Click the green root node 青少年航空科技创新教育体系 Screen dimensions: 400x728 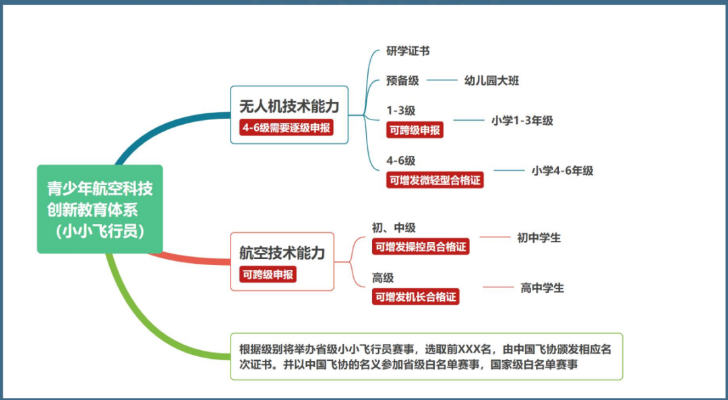(100, 209)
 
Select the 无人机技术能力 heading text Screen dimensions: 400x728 (289, 107)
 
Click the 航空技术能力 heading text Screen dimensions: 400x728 (282, 253)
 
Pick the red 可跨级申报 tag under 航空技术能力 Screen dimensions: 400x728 (268, 275)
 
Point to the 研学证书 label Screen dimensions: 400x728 (408, 51)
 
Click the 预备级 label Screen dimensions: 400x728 (402, 81)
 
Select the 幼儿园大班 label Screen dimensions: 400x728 (491, 81)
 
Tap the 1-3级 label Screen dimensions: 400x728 (400, 111)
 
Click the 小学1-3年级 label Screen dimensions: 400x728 (522, 121)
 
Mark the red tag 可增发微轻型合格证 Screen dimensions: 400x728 (435, 180)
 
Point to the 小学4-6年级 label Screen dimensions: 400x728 (562, 171)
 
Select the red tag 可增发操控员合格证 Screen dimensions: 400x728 (421, 247)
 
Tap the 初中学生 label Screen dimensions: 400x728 (539, 237)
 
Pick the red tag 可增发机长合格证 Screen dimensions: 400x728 (415, 297)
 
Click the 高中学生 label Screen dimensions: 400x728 (542, 288)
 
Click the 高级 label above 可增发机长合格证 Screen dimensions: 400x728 (383, 278)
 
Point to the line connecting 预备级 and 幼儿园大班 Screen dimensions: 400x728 (442, 81)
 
